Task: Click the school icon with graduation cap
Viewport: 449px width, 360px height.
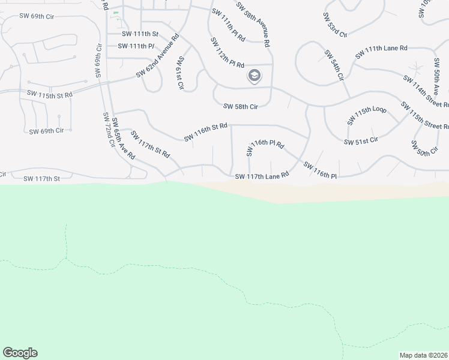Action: pyautogui.click(x=254, y=76)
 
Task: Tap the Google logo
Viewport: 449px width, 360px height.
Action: pyautogui.click(x=20, y=353)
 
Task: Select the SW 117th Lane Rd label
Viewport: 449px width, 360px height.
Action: pyautogui.click(x=262, y=176)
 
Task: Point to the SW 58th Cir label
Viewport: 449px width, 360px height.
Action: pyautogui.click(x=240, y=107)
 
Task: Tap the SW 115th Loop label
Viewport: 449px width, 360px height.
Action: pyautogui.click(x=367, y=116)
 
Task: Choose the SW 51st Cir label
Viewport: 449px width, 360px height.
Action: pyautogui.click(x=361, y=141)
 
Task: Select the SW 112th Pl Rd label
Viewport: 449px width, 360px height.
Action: pyautogui.click(x=228, y=53)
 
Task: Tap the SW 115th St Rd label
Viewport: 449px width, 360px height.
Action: pyautogui.click(x=50, y=94)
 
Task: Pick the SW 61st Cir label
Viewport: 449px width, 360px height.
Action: pyautogui.click(x=179, y=73)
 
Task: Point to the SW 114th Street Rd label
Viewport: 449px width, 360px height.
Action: pyautogui.click(x=425, y=90)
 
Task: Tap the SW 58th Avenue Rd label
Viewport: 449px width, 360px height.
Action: pyautogui.click(x=253, y=23)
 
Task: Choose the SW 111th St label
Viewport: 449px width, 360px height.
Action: pyautogui.click(x=140, y=34)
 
